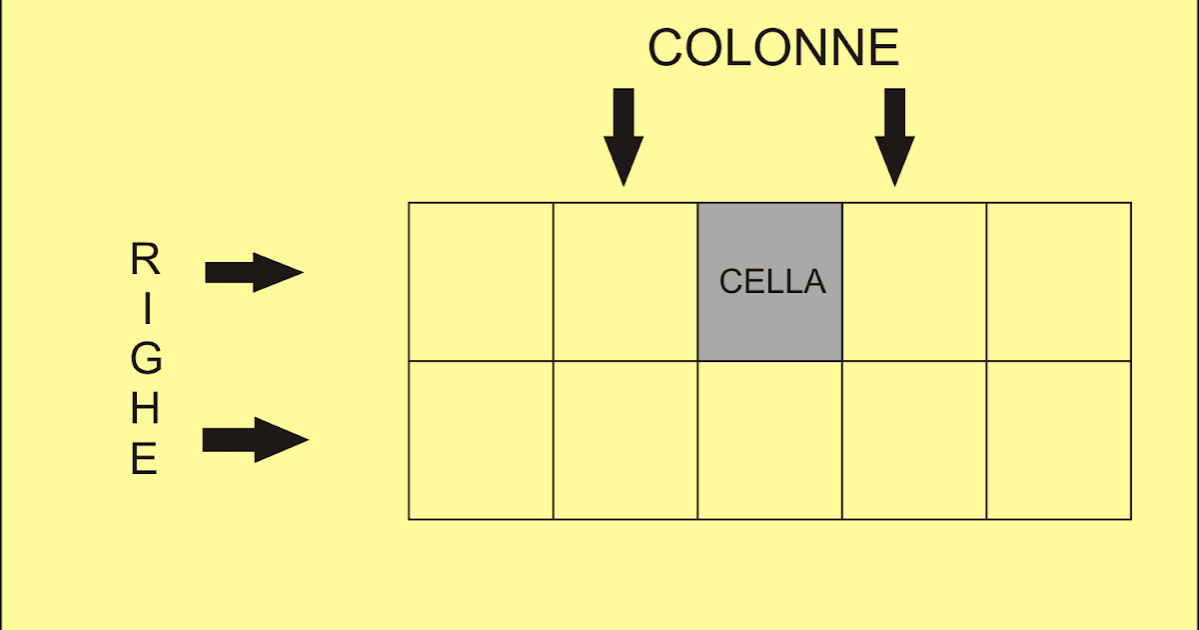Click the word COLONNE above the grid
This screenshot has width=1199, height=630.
click(x=773, y=48)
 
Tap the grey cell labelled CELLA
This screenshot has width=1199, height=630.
click(x=769, y=281)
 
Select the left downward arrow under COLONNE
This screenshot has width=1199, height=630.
click(x=623, y=136)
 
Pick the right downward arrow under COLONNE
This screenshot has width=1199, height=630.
click(x=894, y=136)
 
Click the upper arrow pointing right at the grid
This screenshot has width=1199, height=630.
click(x=254, y=272)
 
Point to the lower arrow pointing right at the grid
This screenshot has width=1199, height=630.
click(x=255, y=440)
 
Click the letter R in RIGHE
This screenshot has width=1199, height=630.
click(x=145, y=261)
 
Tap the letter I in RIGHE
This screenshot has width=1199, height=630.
click(x=146, y=310)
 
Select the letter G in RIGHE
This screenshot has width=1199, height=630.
click(x=146, y=360)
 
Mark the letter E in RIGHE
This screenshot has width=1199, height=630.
click(x=145, y=460)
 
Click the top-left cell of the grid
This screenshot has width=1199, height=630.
click(x=481, y=281)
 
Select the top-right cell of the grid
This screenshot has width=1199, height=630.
click(x=1058, y=281)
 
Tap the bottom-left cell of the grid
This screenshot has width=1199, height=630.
click(x=481, y=440)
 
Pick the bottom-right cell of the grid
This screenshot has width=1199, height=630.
click(x=1058, y=440)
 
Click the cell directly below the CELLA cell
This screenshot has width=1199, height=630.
click(x=769, y=440)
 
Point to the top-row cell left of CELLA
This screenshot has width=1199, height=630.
click(x=625, y=281)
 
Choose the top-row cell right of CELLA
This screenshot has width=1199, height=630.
click(x=914, y=281)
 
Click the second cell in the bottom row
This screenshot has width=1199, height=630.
click(x=625, y=440)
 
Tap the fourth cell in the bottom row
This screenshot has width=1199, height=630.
click(x=914, y=440)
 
